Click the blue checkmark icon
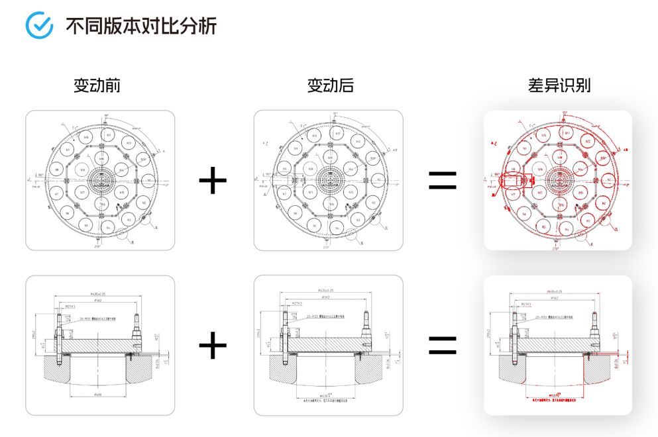pyautogui.click(x=38, y=25)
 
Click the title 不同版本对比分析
pyautogui.click(x=140, y=26)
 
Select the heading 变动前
pyautogui.click(x=97, y=85)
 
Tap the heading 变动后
pyautogui.click(x=330, y=85)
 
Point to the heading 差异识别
pyautogui.click(x=559, y=85)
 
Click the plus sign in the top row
pyautogui.click(x=213, y=180)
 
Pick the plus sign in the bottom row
pyautogui.click(x=213, y=345)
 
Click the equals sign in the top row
pyautogui.click(x=443, y=180)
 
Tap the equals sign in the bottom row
pyautogui.click(x=443, y=345)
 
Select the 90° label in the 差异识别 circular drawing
pyautogui.click(x=565, y=114)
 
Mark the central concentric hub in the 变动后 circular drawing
pyautogui.click(x=329, y=179)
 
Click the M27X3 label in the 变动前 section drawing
pyautogui.click(x=70, y=307)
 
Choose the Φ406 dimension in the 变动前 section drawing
pyautogui.click(x=97, y=395)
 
